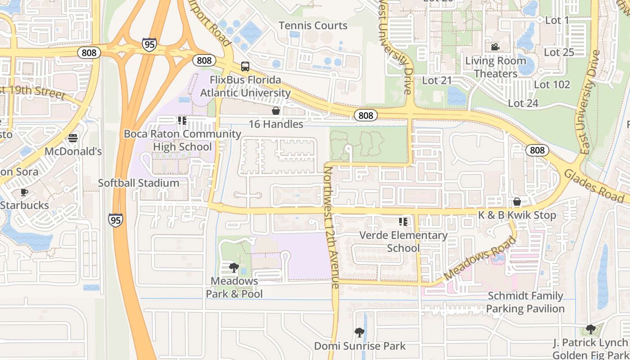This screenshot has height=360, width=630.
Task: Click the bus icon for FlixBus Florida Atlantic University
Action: coord(245,67)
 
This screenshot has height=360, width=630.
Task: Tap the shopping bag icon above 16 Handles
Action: coord(276,111)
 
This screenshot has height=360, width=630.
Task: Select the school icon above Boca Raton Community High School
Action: coord(182,121)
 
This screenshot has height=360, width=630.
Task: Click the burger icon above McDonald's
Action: coord(73,138)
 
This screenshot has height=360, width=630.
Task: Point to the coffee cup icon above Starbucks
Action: coord(24,193)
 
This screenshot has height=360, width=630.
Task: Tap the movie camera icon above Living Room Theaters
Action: coord(495,47)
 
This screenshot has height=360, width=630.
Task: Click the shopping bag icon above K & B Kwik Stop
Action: coord(517,202)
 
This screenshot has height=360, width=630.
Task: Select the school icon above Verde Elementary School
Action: coord(403,222)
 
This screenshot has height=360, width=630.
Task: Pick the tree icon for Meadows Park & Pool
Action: coord(234,268)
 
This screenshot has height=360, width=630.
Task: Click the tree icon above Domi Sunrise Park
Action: coord(359,333)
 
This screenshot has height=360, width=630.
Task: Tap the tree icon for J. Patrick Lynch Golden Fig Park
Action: coord(590,329)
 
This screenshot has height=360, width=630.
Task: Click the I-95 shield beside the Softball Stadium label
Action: coord(115,220)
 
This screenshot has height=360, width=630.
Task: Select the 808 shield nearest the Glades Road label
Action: coord(537,150)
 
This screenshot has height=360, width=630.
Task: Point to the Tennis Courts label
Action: coord(313,26)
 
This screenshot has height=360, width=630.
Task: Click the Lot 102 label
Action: coord(552,85)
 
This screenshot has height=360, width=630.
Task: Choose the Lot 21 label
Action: coord(436,81)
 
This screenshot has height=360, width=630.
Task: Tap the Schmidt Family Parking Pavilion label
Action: coord(525,302)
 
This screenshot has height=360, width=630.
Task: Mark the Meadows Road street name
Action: coord(480,258)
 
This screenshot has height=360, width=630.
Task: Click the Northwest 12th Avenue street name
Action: coord(331,227)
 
